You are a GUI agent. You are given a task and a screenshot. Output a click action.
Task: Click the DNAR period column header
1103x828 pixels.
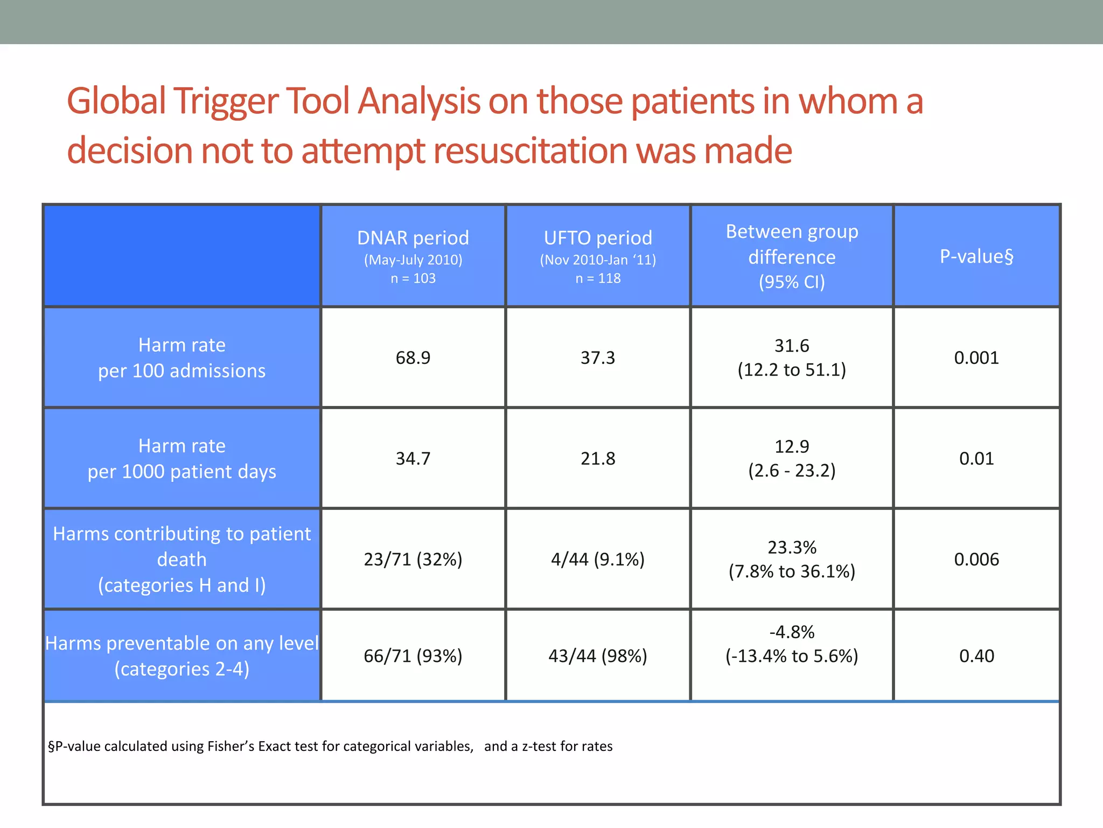coord(413,256)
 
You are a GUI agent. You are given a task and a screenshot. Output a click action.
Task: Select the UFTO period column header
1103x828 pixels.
coord(598,256)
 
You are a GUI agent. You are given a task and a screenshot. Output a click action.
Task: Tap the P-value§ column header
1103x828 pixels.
coord(976,256)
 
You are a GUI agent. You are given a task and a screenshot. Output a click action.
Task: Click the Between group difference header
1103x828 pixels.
coord(792,256)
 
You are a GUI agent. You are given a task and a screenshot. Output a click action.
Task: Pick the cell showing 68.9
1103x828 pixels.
coord(413,357)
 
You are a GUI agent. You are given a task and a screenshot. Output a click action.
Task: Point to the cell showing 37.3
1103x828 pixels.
coord(598,357)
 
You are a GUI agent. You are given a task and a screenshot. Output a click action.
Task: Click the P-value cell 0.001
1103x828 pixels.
coord(976,357)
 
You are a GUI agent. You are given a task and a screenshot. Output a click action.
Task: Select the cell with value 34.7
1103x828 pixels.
coord(413,458)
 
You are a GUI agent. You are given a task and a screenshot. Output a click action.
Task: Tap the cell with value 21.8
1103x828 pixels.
coord(598,458)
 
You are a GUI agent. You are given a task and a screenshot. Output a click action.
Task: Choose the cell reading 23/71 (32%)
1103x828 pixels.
coord(413,559)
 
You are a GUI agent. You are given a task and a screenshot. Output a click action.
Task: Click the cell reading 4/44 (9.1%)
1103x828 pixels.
coord(598,559)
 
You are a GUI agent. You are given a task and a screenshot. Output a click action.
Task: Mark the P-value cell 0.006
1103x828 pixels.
coord(976,559)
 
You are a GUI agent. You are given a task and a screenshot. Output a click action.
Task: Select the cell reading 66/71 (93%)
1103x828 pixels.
coord(413,655)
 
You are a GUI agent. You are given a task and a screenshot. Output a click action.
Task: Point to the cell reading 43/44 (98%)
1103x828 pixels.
coord(598,655)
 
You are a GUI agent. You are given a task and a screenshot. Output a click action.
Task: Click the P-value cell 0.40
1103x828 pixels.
coord(976,655)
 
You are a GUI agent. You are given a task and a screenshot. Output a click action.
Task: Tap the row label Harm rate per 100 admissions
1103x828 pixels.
coord(182,357)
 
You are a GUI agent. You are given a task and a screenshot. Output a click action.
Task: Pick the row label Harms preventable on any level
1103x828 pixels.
coord(182,655)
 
